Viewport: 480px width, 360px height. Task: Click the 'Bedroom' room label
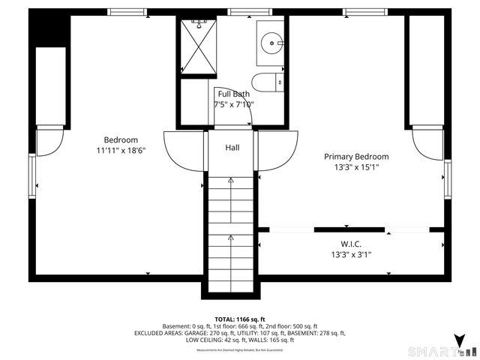point(121,139)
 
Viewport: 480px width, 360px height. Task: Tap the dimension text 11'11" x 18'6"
point(121,150)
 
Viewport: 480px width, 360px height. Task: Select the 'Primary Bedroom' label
point(356,157)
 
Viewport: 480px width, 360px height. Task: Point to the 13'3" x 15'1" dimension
point(356,167)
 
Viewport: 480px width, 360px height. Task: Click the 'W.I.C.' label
point(351,244)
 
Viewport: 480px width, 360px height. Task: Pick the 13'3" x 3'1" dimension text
point(351,254)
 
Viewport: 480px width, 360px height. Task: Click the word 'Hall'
point(232,148)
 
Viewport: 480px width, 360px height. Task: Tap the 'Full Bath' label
point(234,94)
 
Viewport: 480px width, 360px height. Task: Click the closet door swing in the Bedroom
point(49,142)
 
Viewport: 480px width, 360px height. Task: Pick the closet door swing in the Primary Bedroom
point(427,142)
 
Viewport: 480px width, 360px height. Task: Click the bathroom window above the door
point(239,12)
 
